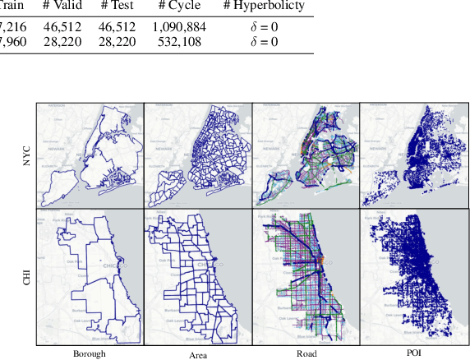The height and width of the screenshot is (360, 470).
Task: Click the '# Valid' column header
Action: (x=62, y=6)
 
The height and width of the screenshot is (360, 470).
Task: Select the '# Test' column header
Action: (x=117, y=6)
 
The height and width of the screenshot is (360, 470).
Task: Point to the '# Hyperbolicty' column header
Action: (x=264, y=6)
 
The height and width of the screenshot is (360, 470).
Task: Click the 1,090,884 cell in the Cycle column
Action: (x=178, y=26)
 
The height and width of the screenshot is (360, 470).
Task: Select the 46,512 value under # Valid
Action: (x=62, y=26)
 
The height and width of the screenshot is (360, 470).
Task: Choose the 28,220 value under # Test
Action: (x=117, y=41)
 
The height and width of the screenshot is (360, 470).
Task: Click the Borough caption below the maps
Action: (x=89, y=353)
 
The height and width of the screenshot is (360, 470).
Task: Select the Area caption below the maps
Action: (x=198, y=353)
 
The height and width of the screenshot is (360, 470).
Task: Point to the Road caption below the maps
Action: (x=306, y=353)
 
